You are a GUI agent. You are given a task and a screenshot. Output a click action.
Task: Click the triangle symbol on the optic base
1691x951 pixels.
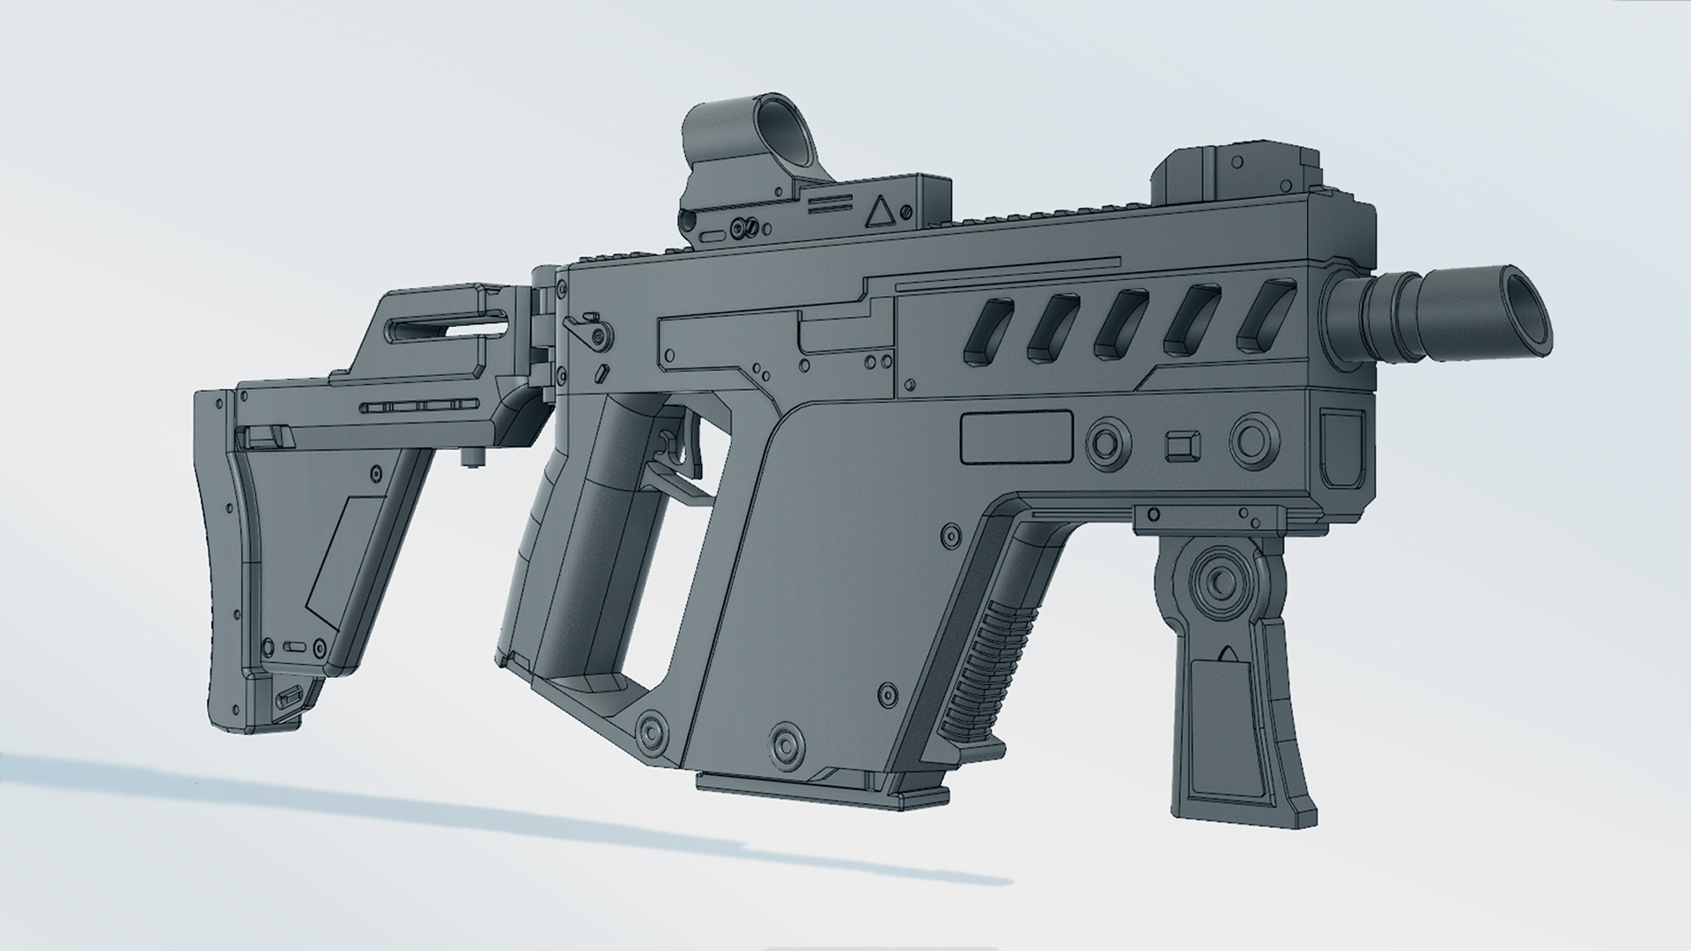[x=876, y=215]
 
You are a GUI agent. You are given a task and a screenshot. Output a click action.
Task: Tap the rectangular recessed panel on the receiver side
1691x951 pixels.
[x=1016, y=438]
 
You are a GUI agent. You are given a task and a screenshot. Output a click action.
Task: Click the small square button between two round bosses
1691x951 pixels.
[x=1182, y=446]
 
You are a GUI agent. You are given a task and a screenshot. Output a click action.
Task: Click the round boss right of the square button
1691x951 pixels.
[x=1253, y=440]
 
